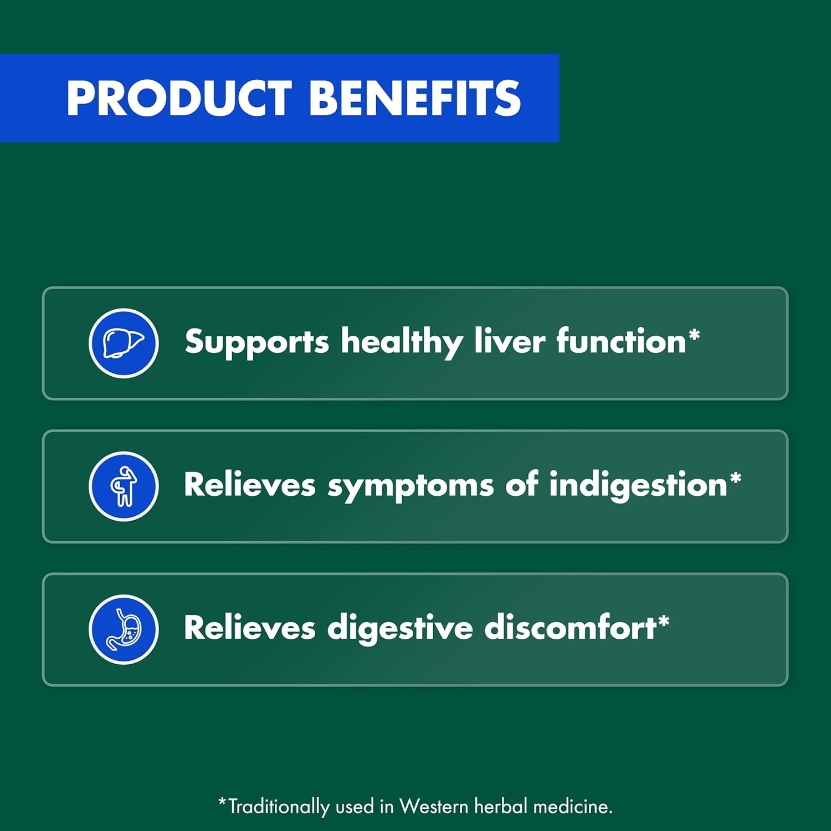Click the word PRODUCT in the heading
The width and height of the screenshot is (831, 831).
tap(178, 98)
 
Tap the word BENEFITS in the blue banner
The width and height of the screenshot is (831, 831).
tap(414, 98)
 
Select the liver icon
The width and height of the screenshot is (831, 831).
tap(124, 343)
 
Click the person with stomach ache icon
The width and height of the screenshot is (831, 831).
tap(124, 486)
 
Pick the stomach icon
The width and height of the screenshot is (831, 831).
tap(124, 629)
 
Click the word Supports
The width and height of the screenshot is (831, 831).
tap(257, 342)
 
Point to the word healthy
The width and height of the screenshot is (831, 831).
tap(401, 342)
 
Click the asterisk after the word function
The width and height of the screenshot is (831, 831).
tap(694, 335)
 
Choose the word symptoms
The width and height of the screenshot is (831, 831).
tap(410, 486)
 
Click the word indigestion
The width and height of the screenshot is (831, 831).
tap(638, 486)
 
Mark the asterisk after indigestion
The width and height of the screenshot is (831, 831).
tap(735, 478)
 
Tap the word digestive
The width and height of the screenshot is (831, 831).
tap(399, 629)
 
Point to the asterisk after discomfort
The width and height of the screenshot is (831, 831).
tap(664, 621)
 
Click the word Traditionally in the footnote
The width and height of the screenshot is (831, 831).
tap(278, 807)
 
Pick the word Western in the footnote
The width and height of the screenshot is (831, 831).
tap(434, 806)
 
